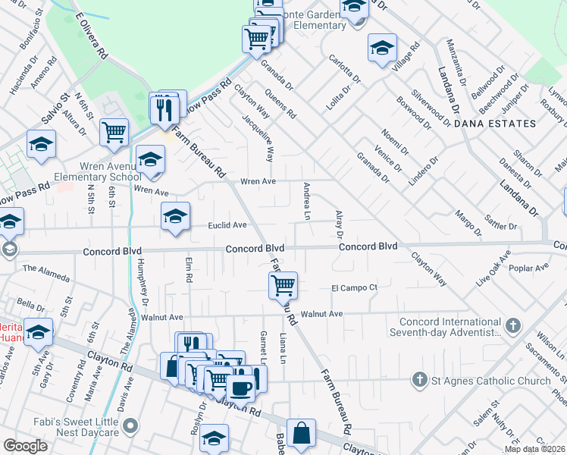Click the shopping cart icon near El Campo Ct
283,286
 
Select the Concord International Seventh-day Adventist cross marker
513,325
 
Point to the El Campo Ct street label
353,287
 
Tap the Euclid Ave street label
228,225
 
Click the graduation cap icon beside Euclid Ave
175,216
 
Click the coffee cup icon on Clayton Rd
241,388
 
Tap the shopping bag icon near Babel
302,433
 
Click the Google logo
25,446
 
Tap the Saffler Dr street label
502,226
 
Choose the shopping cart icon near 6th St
114,132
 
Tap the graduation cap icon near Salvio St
41,144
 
